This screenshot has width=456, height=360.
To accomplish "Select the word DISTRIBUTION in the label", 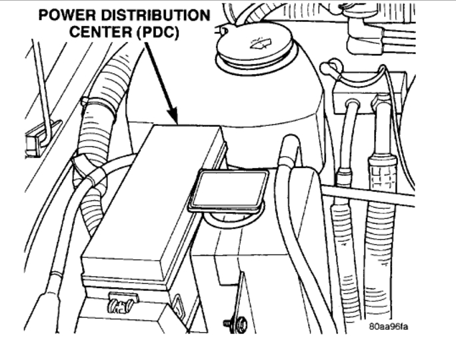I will (156, 14).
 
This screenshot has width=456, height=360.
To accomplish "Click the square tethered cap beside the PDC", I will (229, 190).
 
